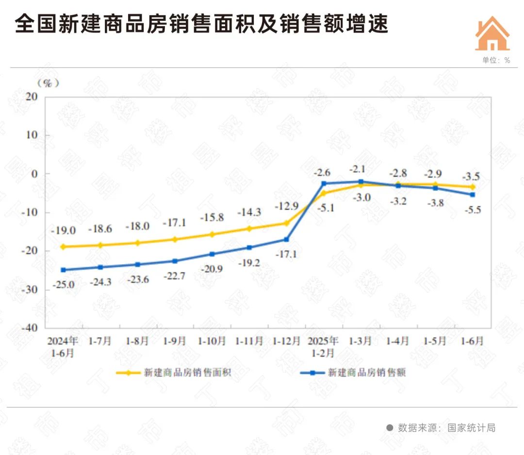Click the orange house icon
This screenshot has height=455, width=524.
(492, 34)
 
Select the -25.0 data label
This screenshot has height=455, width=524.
(63, 285)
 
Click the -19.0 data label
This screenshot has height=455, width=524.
(63, 231)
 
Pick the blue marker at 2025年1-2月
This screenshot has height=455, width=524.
(324, 183)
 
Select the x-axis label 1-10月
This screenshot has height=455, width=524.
(212, 341)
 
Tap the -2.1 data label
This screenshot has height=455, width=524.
(360, 169)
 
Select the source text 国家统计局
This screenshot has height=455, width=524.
(471, 428)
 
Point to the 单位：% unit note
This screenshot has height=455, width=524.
(496, 60)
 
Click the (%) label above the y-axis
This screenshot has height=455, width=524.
(48, 83)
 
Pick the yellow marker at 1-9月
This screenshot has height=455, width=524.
(175, 239)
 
